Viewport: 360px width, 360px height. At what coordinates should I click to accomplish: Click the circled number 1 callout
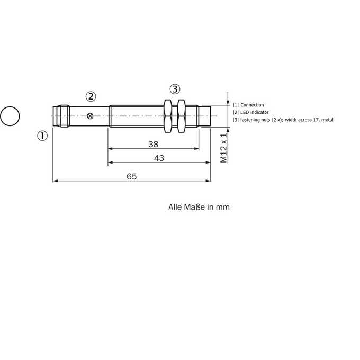click(x=42, y=136)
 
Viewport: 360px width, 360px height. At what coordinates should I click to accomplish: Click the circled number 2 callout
click(x=91, y=97)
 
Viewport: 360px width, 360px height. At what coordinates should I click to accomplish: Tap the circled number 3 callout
click(x=175, y=89)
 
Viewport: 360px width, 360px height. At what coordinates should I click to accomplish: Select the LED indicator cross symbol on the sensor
click(x=90, y=116)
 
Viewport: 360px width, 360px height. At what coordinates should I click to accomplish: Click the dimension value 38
click(x=153, y=144)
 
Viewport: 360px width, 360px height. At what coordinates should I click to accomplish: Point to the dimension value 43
click(x=159, y=158)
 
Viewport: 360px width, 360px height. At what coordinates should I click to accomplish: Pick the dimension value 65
click(x=131, y=176)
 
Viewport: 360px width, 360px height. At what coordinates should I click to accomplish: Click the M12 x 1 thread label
click(x=223, y=147)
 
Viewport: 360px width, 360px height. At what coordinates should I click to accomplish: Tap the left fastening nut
click(x=168, y=116)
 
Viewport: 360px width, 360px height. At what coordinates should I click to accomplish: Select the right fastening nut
click(x=182, y=116)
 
